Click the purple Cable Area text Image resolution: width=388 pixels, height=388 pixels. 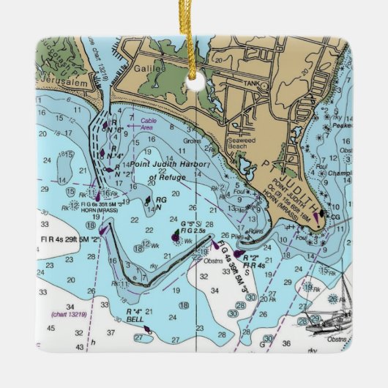pyautogui.click(x=148, y=124)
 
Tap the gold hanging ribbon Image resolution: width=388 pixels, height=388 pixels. pyautogui.click(x=193, y=44)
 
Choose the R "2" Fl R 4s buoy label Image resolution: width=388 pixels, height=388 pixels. pyautogui.click(x=249, y=262)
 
